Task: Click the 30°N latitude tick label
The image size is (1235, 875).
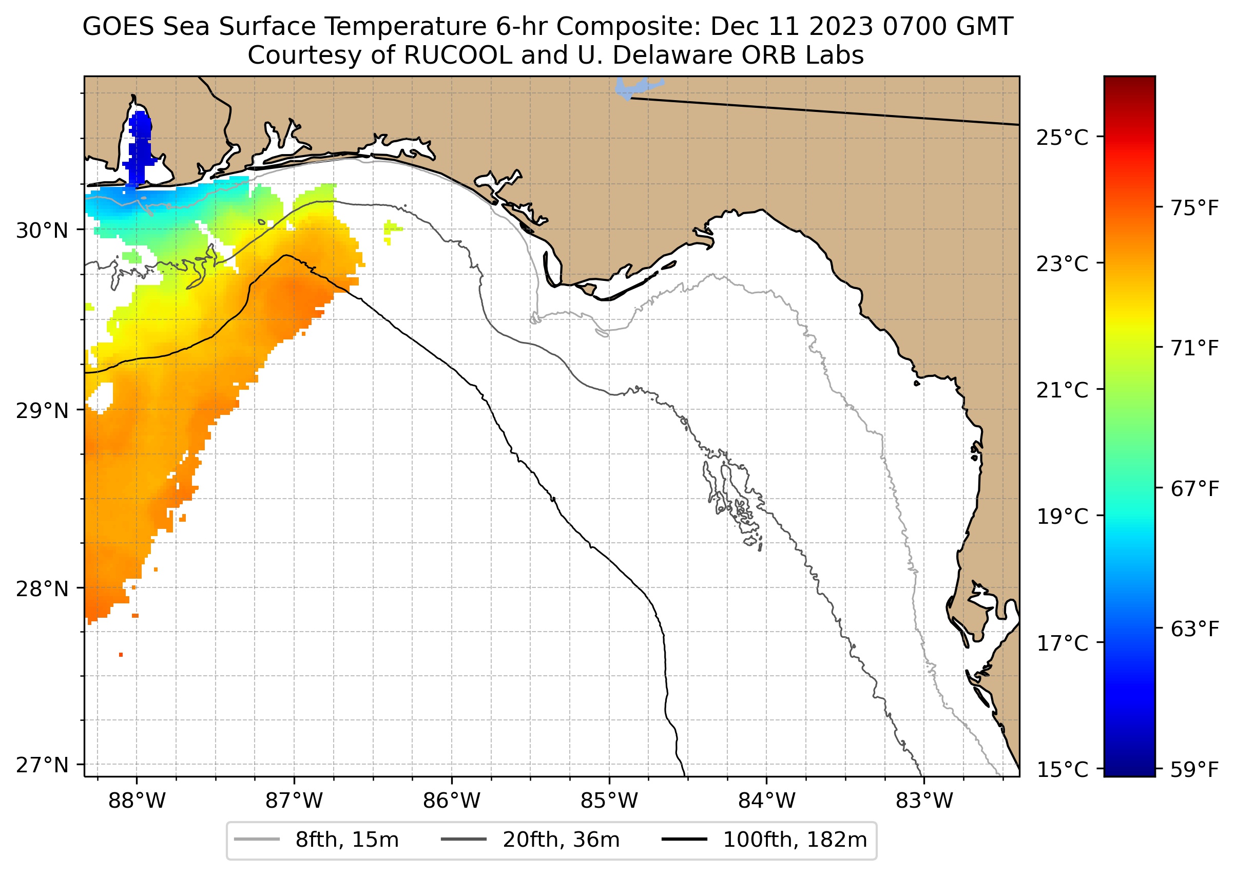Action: click(42, 231)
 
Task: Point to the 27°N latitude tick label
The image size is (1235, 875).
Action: click(42, 765)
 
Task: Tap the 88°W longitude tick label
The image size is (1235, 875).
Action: click(137, 801)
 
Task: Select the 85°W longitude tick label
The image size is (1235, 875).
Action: click(609, 801)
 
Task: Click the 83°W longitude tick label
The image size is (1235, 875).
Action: click(924, 801)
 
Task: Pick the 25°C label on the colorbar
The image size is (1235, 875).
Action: click(1062, 138)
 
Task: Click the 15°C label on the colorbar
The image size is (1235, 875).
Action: click(1062, 770)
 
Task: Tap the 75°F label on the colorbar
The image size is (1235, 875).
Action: click(1194, 208)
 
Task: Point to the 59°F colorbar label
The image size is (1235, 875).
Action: click(1194, 770)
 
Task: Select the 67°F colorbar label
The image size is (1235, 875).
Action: click(1194, 489)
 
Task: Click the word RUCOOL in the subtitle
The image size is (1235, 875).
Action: click(457, 55)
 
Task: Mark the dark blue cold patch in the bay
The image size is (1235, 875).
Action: click(140, 145)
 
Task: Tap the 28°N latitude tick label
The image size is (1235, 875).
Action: click(42, 589)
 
